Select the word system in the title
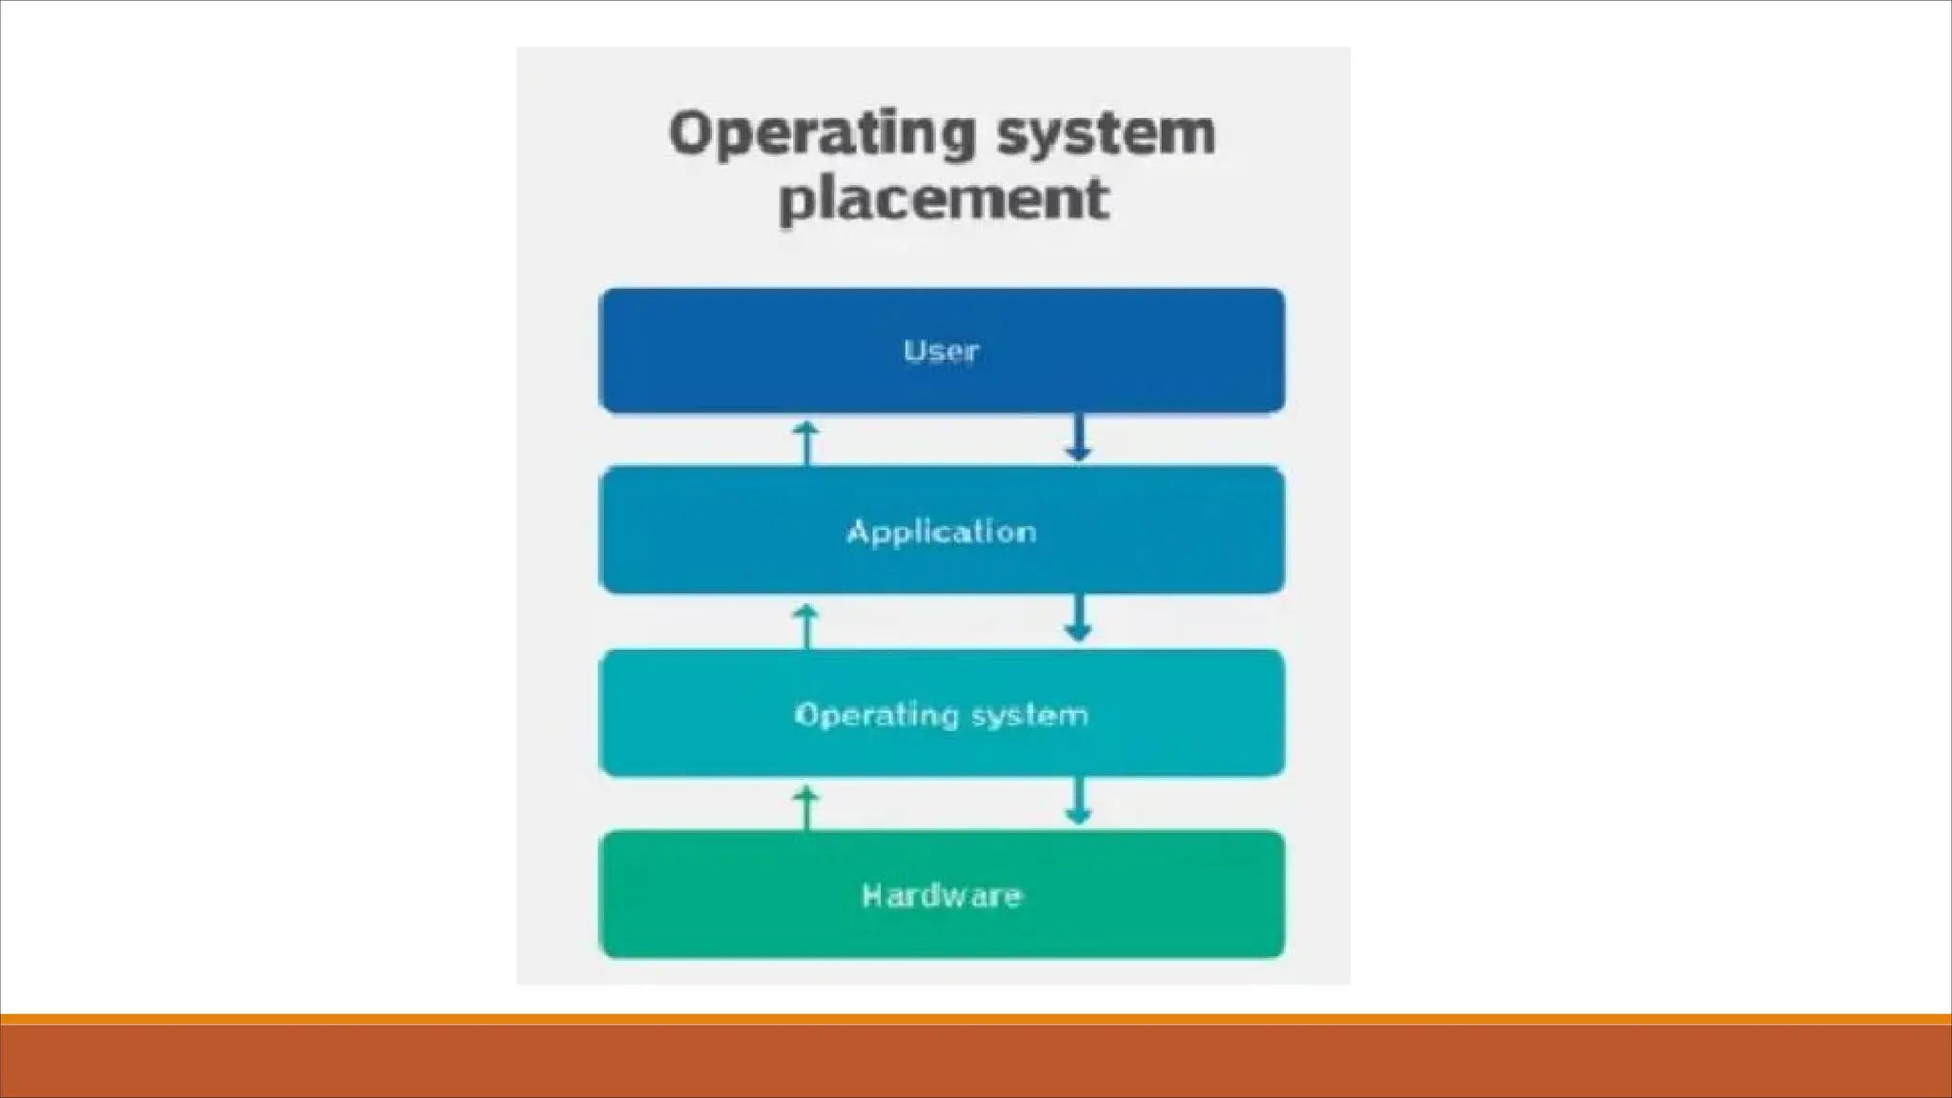point(1106,135)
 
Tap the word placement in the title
point(944,199)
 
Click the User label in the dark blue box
point(941,351)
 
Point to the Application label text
point(941,532)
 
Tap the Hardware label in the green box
point(941,895)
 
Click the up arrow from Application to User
point(806,442)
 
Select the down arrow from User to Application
point(1078,438)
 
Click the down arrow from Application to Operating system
point(1078,620)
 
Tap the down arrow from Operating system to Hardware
point(1078,802)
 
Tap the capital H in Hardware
point(871,895)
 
